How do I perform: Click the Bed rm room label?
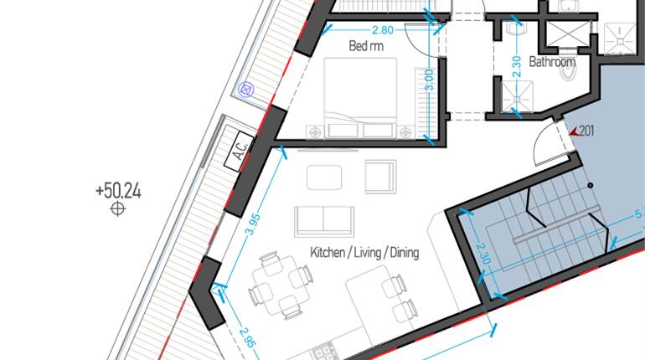pyautogui.click(x=366, y=47)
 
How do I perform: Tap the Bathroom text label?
pyautogui.click(x=552, y=62)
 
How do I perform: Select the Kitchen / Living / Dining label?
pyautogui.click(x=364, y=252)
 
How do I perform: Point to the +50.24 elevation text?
pyautogui.click(x=118, y=191)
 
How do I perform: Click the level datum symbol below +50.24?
pyautogui.click(x=118, y=209)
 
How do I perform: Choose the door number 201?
pyautogui.click(x=586, y=130)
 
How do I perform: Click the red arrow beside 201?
pyautogui.click(x=572, y=131)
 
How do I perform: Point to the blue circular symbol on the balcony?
pyautogui.click(x=245, y=87)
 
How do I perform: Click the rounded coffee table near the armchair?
pyautogui.click(x=324, y=177)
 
